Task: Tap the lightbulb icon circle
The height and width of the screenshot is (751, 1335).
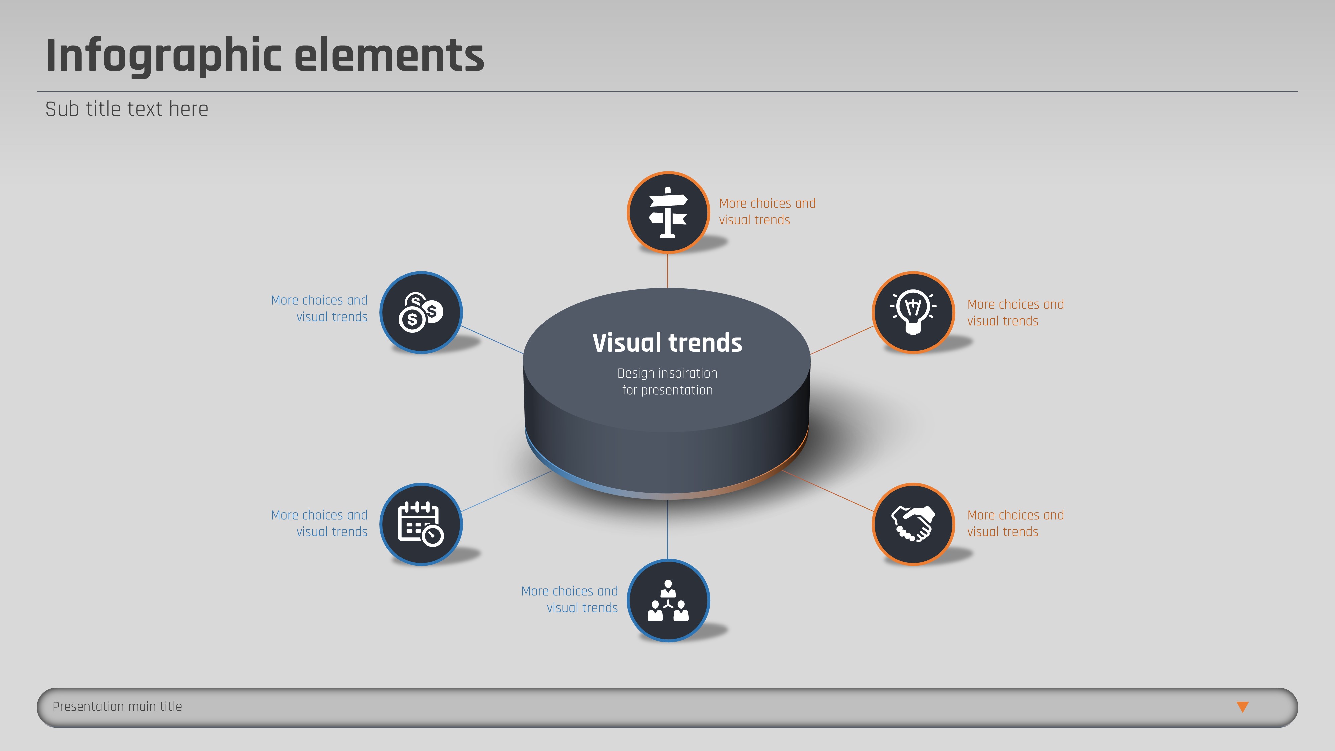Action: tap(913, 312)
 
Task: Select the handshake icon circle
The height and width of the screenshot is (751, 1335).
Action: tap(913, 524)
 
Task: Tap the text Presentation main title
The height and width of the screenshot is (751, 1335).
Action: tap(117, 706)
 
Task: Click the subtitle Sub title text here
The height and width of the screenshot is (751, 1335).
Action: tap(126, 109)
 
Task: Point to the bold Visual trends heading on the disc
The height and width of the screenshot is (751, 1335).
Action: tap(667, 343)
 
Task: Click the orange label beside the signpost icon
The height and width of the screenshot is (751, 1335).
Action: tap(767, 212)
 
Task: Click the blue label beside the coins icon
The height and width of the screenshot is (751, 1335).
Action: tap(319, 308)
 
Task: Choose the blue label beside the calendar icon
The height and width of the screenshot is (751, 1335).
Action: tap(319, 523)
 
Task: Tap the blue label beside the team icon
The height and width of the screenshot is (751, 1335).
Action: tap(570, 600)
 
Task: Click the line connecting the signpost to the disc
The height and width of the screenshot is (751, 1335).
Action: tap(667, 271)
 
